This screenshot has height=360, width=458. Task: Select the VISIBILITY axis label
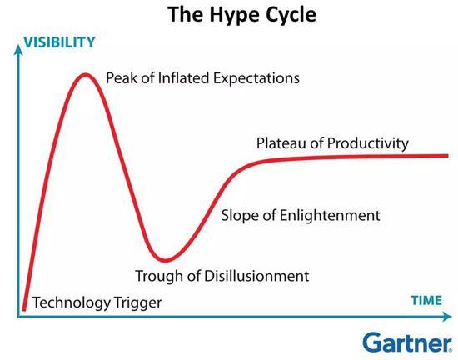point(60,42)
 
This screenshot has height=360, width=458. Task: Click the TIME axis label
point(426,300)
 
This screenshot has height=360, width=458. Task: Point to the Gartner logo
point(407,342)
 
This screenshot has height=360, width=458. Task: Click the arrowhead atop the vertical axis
point(18,49)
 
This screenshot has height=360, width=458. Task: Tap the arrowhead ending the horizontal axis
point(446,317)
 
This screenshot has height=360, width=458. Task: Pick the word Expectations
point(256,78)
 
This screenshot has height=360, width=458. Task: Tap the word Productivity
point(368,144)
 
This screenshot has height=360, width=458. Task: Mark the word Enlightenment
point(330,215)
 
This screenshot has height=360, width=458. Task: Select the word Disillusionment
point(256,276)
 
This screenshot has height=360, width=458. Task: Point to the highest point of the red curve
point(85,75)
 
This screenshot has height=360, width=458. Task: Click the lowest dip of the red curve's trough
point(166,259)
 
